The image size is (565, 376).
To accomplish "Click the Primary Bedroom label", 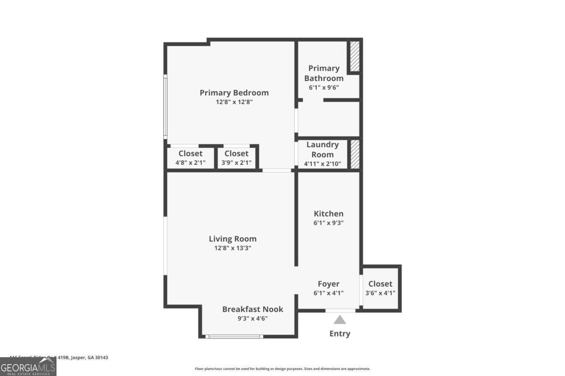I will click(x=234, y=93).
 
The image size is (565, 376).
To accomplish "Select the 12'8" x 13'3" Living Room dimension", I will click(x=233, y=248).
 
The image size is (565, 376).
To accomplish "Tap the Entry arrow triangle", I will click(x=340, y=320).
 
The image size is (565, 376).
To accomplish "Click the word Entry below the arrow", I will click(x=340, y=334).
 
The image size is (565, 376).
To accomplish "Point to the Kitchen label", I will click(x=329, y=214).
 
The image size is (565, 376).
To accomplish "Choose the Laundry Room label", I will click(x=323, y=149).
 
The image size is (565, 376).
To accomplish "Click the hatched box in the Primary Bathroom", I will click(x=354, y=57).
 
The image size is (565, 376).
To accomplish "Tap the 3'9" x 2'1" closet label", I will click(x=236, y=163).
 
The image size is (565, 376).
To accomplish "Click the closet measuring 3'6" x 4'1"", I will click(x=380, y=288).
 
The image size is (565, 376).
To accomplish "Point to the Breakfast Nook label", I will click(x=253, y=309).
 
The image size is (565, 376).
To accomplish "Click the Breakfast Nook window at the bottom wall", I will click(x=234, y=336).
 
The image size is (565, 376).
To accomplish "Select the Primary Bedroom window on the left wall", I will click(x=165, y=106).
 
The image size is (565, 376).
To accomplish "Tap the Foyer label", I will click(x=329, y=284).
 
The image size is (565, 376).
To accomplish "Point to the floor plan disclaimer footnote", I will click(x=282, y=369).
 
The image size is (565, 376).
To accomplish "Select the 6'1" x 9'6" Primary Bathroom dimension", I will click(x=324, y=87).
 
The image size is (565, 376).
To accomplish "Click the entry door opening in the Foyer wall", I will click(x=340, y=311).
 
